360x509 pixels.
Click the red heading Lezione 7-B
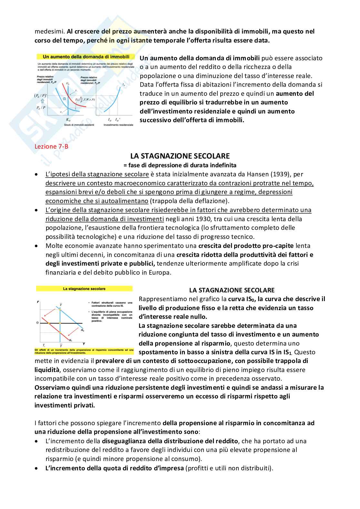51,146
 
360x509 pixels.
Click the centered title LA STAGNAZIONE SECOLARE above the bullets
180,156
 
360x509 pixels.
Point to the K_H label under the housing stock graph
68,120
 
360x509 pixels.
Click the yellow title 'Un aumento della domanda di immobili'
86,57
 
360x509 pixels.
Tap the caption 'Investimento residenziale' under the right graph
118,125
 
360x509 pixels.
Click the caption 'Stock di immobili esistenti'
79,125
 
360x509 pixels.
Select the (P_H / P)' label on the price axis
40,96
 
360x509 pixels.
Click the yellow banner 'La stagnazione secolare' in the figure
84,289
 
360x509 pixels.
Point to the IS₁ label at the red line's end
70,340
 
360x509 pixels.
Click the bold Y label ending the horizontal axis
84,344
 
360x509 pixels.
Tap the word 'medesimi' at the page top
49,32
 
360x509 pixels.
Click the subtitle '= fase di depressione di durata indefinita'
180,165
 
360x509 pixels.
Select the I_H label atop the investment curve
124,85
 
